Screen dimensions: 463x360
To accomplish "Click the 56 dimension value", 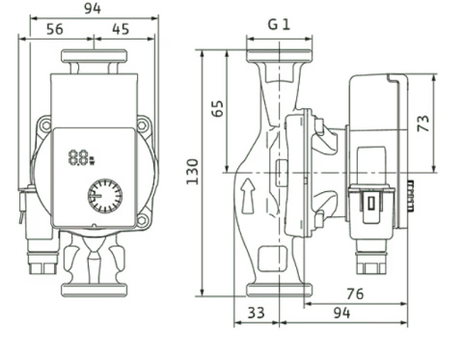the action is [55, 29].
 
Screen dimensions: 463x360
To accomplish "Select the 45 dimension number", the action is [121, 29].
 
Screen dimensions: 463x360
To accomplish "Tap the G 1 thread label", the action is [279, 24].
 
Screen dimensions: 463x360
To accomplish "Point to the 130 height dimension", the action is [193, 172].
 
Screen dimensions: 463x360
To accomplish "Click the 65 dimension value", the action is [218, 109].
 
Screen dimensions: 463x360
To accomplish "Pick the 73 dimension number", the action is [423, 124].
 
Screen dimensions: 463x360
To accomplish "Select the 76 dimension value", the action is [355, 293].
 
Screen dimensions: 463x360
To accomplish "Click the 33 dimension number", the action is [257, 313].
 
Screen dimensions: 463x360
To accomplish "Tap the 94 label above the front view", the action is [93, 9].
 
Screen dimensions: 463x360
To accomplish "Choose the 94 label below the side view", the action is [341, 313].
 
